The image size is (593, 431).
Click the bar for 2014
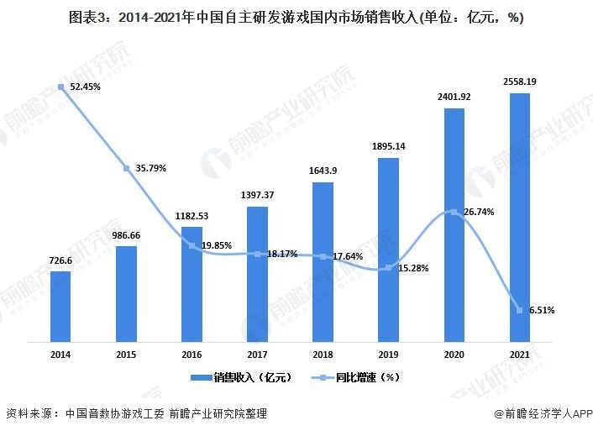coord(60,307)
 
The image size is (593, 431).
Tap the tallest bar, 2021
coord(519,218)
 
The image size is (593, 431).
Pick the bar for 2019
coord(388,250)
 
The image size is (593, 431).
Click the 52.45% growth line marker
coord(61,87)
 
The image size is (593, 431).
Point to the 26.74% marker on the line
coord(454,213)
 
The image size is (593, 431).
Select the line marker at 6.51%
coord(519,310)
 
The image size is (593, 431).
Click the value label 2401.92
coord(454,97)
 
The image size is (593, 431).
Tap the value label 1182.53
coord(192,216)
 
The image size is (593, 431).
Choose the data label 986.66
coord(126,235)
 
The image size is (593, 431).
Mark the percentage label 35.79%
coord(149,168)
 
